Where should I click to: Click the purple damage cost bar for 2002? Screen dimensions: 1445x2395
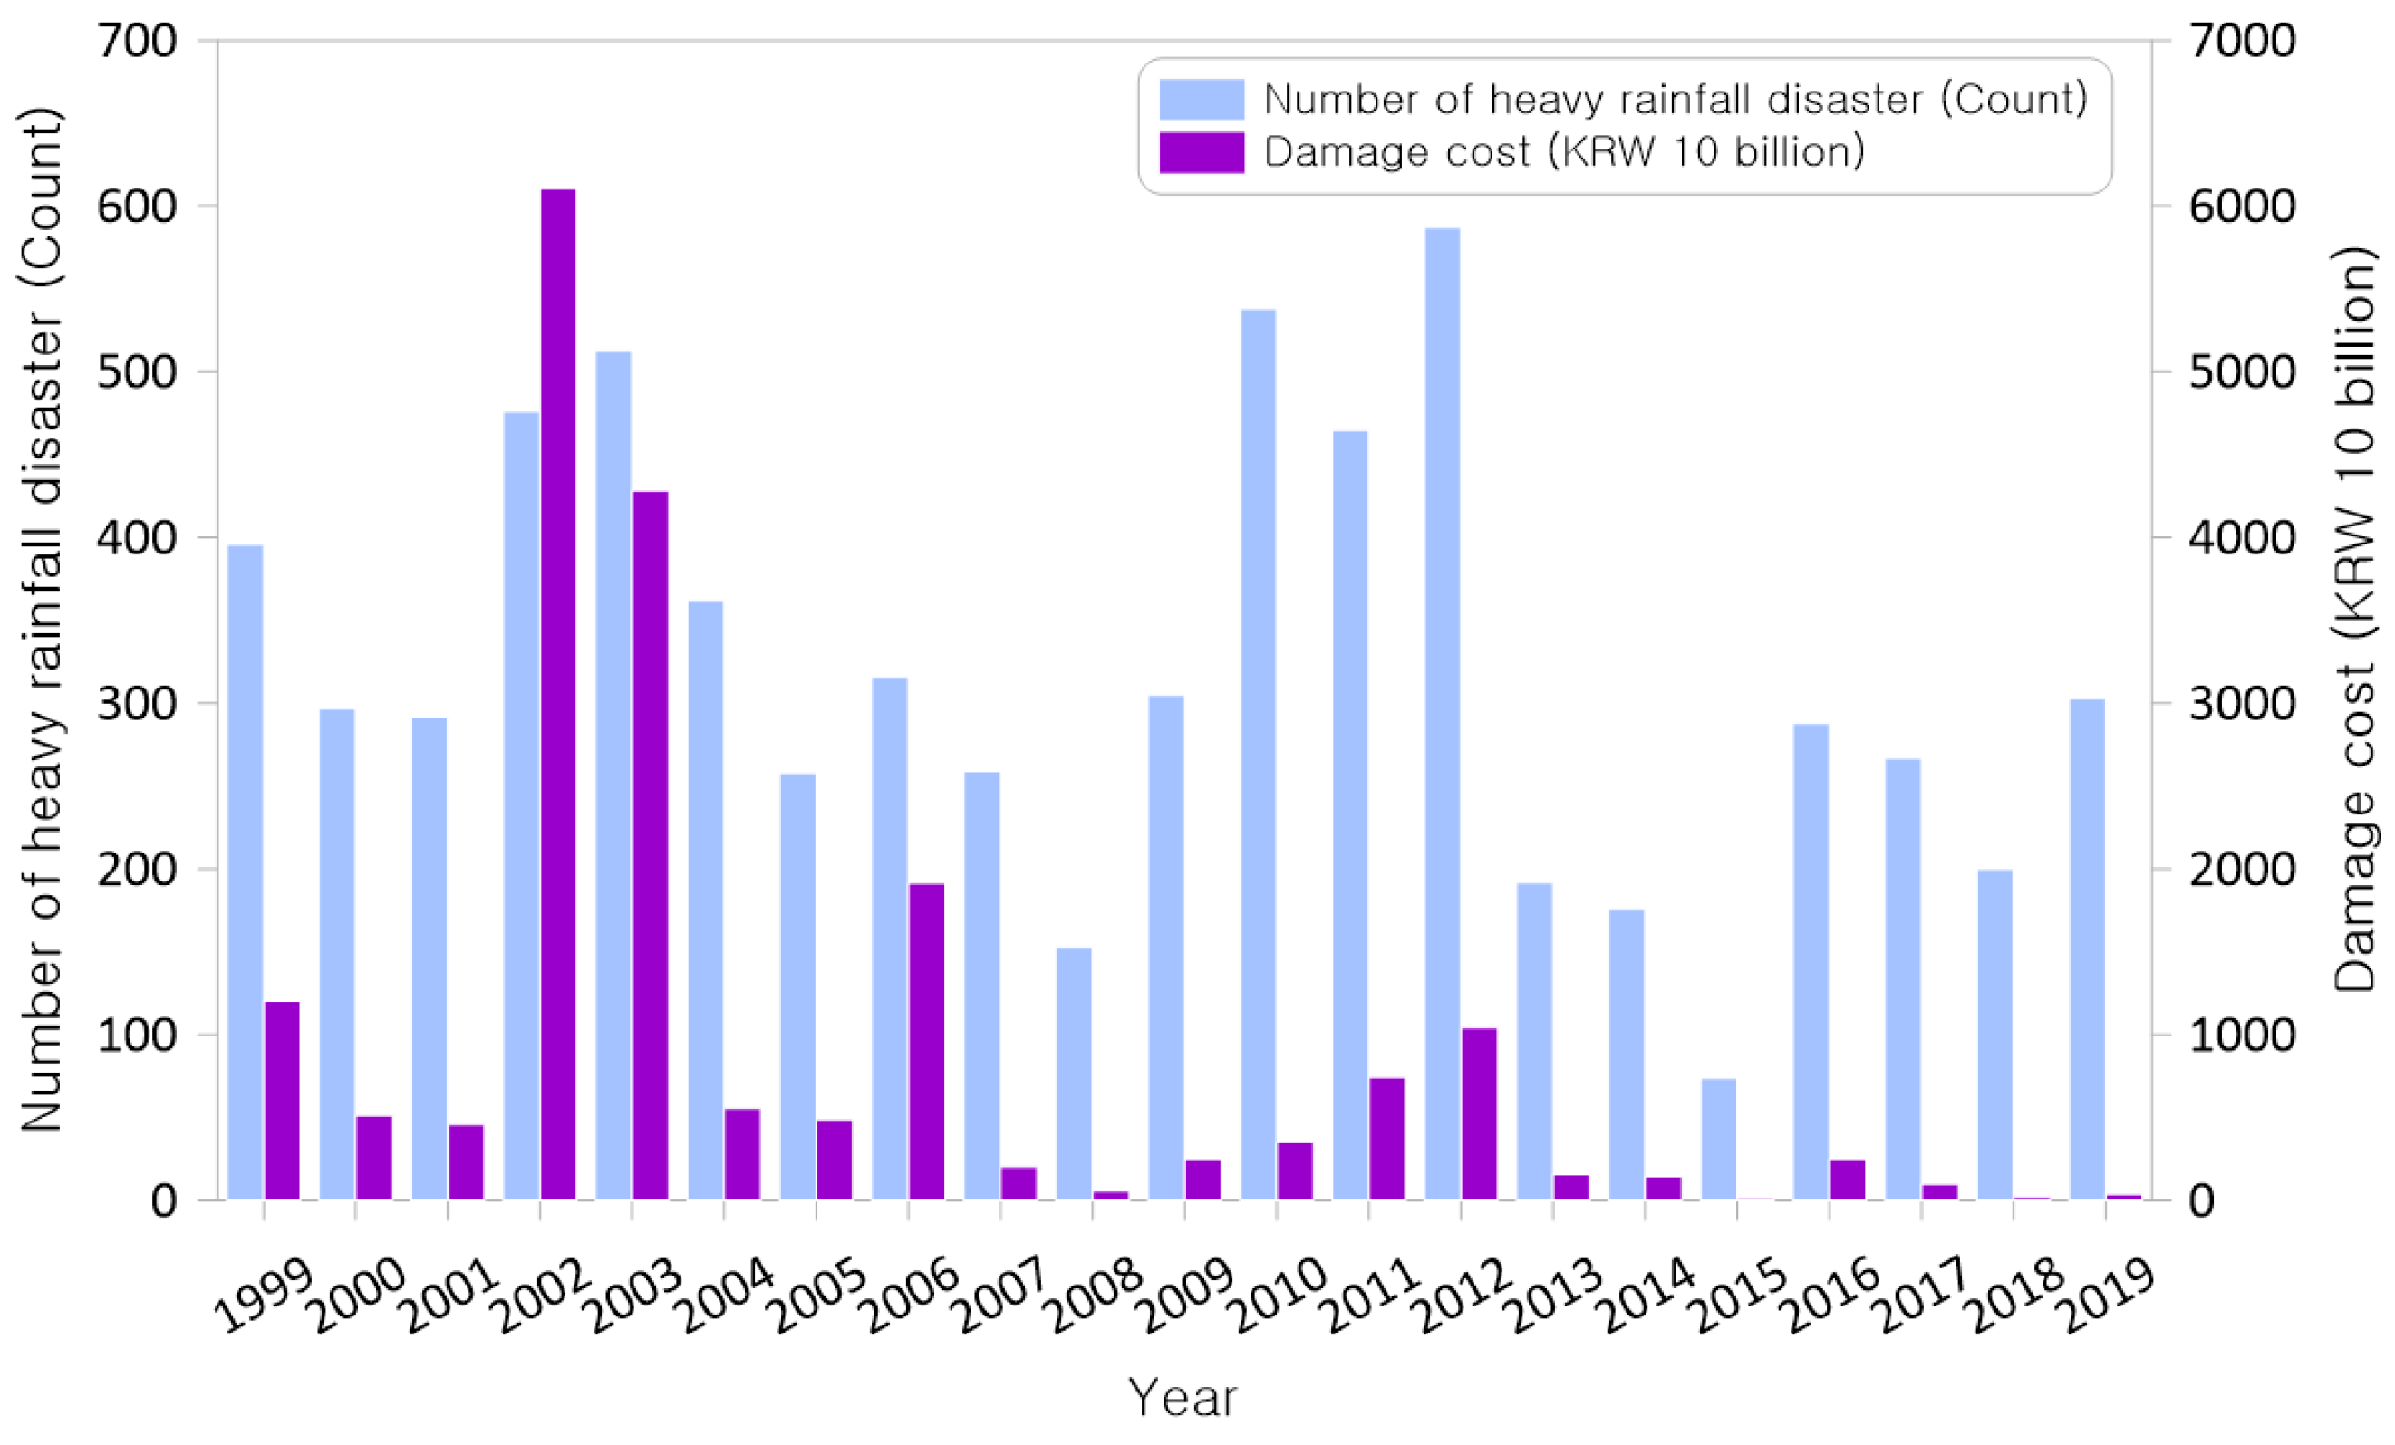[x=558, y=694]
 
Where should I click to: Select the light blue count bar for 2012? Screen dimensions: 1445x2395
[x=1442, y=713]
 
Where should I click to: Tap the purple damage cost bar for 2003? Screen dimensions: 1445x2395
[x=651, y=845]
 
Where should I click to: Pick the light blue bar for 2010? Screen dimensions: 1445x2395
[x=1258, y=754]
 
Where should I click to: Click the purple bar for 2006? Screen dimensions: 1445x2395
[x=926, y=1041]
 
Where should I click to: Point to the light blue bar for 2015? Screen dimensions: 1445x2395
[x=1717, y=1139]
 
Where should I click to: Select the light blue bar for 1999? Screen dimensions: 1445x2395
[x=245, y=872]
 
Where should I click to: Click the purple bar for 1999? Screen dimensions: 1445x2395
[x=282, y=1100]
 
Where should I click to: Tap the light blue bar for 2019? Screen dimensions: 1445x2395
[x=2087, y=949]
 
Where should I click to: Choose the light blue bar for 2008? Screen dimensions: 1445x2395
[x=1074, y=1073]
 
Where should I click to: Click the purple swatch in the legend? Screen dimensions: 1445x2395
[x=1202, y=152]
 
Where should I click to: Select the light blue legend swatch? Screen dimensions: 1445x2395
[x=1202, y=99]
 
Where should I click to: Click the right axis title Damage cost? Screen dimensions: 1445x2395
[x=2354, y=621]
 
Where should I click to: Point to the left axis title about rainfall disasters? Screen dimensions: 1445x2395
[x=41, y=621]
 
